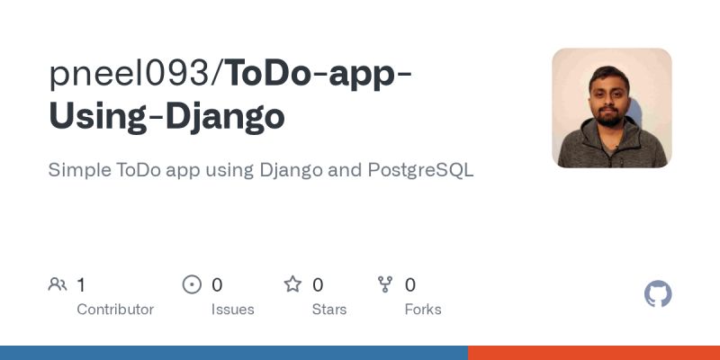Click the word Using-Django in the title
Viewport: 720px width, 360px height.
[x=166, y=117]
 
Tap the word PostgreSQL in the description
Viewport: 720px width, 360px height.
[x=420, y=170]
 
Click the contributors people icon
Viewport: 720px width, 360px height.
[x=58, y=285]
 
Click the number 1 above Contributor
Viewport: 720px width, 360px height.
[x=81, y=285]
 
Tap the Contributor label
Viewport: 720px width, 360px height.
[x=115, y=310]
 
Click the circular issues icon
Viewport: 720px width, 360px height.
[x=192, y=285]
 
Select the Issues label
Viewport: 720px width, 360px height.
[x=233, y=310]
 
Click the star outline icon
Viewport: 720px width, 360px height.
[x=292, y=285]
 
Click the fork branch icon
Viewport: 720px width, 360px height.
[x=385, y=285]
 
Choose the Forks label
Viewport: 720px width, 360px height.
[x=423, y=310]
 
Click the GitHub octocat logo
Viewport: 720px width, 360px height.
[x=659, y=294]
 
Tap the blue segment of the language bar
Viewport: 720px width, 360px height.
[x=234, y=353]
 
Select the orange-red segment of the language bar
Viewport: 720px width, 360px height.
[x=594, y=353]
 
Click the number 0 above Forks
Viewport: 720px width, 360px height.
[x=410, y=285]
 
